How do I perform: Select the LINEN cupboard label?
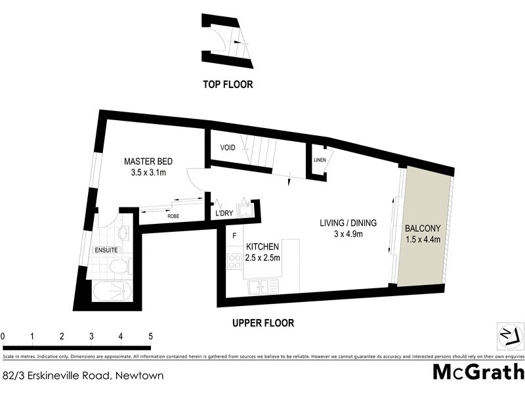320,160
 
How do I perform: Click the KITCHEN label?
263,246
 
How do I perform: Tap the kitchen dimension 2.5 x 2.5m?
263,257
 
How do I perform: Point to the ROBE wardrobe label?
173,215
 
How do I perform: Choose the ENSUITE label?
106,250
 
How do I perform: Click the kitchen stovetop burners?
233,261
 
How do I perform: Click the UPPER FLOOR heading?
263,323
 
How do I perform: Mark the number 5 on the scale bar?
150,336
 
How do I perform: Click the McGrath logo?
478,372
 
